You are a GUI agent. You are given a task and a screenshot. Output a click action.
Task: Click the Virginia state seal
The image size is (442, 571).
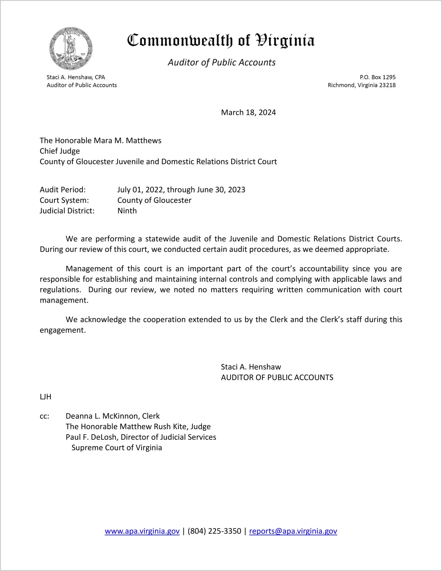coord(71,48)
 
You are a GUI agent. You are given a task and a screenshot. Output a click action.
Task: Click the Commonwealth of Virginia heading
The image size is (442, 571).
coord(221,41)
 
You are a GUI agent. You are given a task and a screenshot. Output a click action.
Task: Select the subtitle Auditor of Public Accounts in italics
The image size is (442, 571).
coord(222,62)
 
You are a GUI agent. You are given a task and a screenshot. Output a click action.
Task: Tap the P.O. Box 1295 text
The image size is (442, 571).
coord(378,77)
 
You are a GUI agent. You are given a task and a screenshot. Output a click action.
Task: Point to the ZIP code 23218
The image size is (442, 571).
coord(387,85)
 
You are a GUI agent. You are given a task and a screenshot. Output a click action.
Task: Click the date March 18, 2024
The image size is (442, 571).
coord(248,112)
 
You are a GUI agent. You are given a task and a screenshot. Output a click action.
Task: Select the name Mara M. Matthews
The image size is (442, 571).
coord(128,140)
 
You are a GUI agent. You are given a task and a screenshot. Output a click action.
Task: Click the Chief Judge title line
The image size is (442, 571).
coord(60,151)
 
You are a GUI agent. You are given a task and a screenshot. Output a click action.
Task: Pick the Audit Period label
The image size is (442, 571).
coord(63,190)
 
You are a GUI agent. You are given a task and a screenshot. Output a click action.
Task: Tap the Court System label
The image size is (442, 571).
coord(64,200)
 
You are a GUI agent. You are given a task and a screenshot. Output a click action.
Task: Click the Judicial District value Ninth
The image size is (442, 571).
coord(127,211)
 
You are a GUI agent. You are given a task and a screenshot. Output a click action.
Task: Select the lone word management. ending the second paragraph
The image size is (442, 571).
coord(64,300)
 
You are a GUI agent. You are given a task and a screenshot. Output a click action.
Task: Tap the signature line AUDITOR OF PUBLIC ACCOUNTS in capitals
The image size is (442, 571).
coord(277,378)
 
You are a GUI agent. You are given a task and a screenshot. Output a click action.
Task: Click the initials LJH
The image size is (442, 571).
coord(46,397)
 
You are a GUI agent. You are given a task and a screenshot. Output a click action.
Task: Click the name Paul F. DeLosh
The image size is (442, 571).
coord(91,437)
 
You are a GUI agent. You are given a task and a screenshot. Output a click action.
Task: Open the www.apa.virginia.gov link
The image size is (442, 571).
coord(142,531)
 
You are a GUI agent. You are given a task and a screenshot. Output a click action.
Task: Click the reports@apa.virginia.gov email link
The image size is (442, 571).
coord(293,531)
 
